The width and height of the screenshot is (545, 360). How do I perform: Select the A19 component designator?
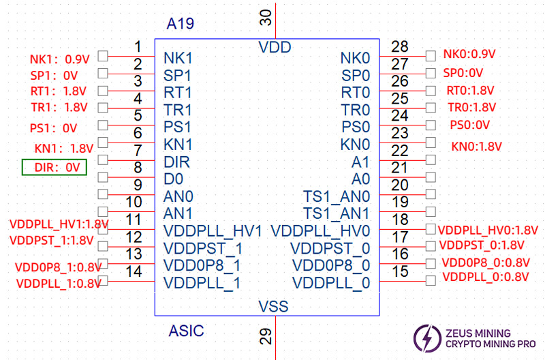pos(181,25)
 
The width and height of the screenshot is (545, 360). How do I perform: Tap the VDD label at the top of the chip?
pos(275,48)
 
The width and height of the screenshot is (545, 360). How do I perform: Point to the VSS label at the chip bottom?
pos(273,306)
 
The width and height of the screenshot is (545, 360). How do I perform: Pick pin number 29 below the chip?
pos(266,335)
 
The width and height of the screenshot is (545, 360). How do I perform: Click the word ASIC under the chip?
pos(186,331)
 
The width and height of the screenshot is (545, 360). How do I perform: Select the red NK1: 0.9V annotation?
pos(59,59)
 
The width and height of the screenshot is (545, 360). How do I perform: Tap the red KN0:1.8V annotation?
pos(476,146)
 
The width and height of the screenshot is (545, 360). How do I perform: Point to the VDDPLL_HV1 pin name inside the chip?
pos(213,230)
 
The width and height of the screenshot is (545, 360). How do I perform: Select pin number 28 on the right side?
pos(400,46)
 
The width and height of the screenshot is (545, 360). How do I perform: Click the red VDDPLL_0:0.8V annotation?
pos(486,277)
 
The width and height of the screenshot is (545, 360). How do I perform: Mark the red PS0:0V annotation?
pos(470,125)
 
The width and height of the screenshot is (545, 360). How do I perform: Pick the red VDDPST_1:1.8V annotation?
pos(51,241)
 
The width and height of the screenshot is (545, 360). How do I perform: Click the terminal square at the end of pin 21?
pos(430,177)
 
